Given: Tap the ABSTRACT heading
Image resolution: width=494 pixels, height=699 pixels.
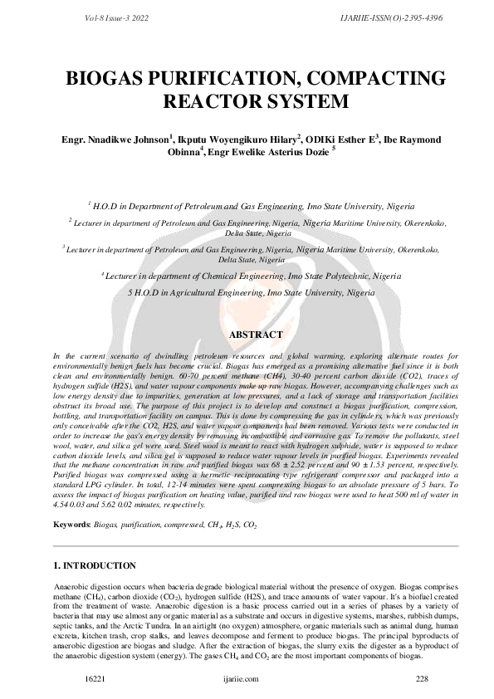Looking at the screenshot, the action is [x=247, y=334].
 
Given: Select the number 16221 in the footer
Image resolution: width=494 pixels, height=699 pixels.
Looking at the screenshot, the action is [x=94, y=678].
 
